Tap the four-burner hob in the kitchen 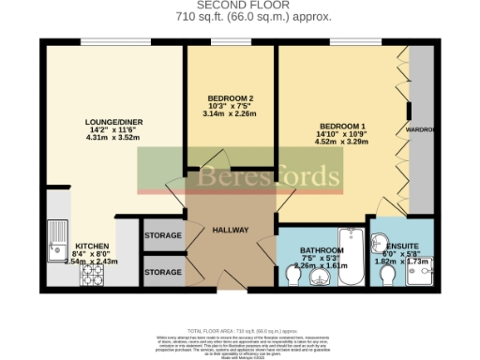tap(94, 274)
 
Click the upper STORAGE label tap(163, 235)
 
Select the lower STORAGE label tap(163, 272)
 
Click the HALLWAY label tap(230, 230)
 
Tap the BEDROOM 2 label tap(231, 99)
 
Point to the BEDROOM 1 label tap(343, 126)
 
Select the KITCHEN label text tap(92, 243)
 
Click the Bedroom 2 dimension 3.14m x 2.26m tap(231, 114)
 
